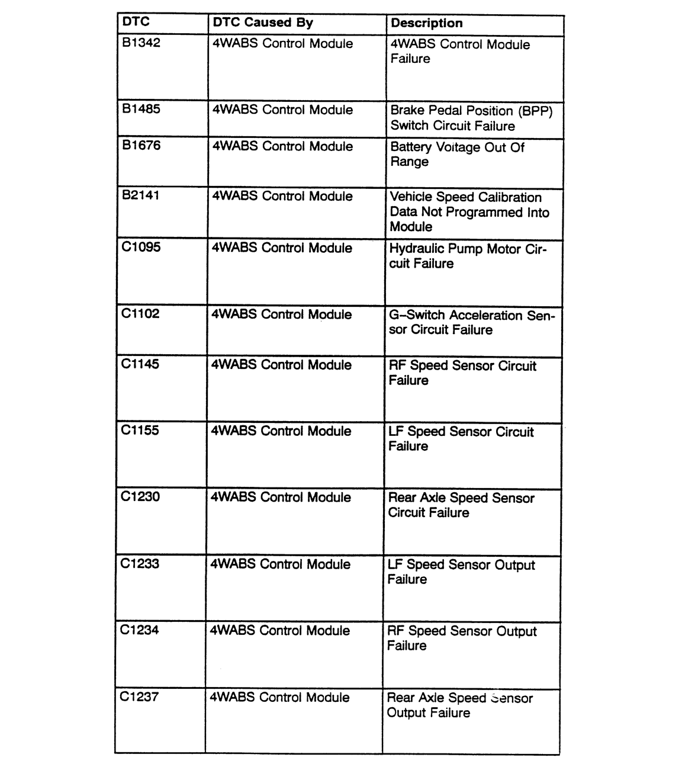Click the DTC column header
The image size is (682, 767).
[x=136, y=22]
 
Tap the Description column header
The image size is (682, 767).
[x=426, y=23]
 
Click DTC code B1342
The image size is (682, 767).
[x=141, y=43]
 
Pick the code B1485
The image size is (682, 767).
[x=141, y=109]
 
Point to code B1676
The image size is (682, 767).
[x=141, y=145]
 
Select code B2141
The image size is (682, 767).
[x=140, y=195]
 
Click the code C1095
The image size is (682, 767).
[x=140, y=247]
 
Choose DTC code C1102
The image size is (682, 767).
[x=140, y=313]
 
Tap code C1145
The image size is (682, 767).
[x=140, y=364]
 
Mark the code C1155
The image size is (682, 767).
[x=140, y=430]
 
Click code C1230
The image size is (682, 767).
[x=140, y=496]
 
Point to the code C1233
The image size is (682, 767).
[x=140, y=563]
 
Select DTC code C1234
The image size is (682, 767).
[x=139, y=630]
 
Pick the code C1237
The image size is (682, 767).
[x=139, y=697]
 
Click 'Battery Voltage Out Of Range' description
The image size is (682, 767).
[x=456, y=154]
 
